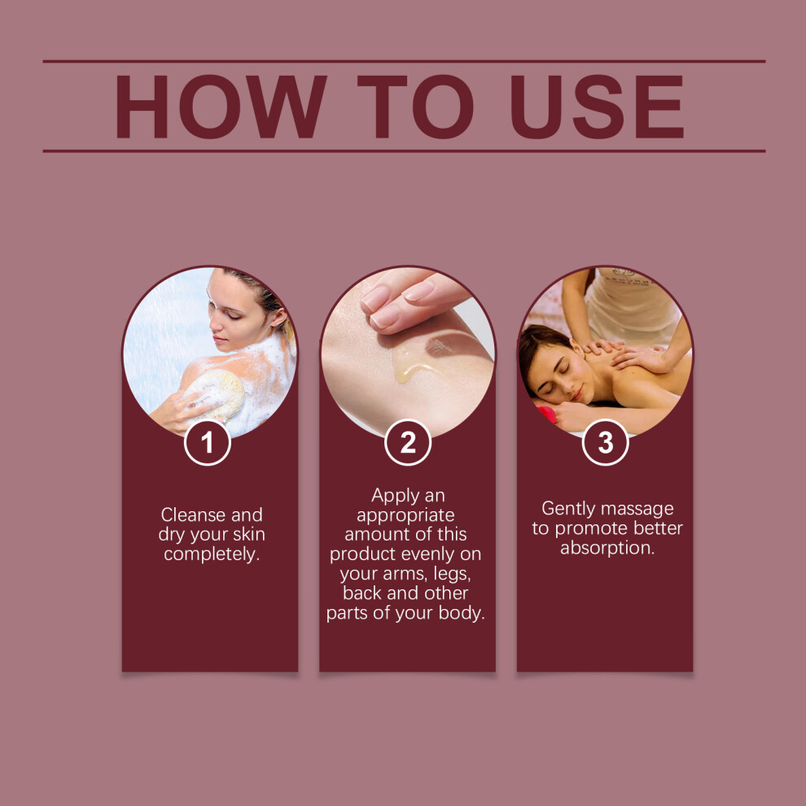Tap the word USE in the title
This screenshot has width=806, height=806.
(598, 107)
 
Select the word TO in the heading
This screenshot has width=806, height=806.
(415, 107)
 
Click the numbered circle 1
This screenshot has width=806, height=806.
(207, 443)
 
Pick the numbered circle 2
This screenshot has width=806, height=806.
(408, 443)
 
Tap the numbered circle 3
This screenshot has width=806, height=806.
(605, 443)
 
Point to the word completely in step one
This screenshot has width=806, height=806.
(212, 554)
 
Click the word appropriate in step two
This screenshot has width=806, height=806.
(405, 515)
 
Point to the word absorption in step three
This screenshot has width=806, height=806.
(607, 548)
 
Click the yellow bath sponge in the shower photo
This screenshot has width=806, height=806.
(215, 395)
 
